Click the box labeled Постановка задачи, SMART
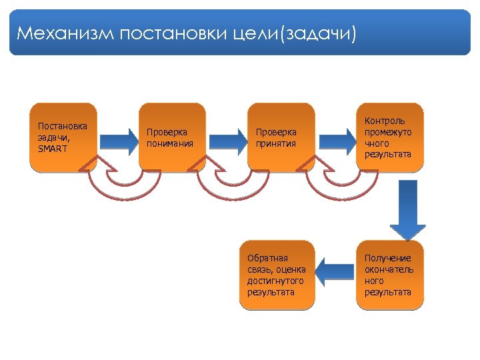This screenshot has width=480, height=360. [x=64, y=137]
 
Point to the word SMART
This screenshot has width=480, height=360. [x=53, y=148]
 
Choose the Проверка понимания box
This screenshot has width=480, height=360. [x=172, y=137]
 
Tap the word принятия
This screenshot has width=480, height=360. [x=271, y=143]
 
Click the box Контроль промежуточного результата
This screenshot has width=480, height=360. [x=390, y=137]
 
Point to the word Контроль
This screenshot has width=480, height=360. [x=384, y=121]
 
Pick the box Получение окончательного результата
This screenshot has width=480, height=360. [x=390, y=275]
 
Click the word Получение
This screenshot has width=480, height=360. [x=388, y=258]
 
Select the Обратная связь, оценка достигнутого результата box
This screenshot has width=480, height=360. [x=277, y=275]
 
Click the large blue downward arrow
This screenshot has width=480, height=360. [x=404, y=210]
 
